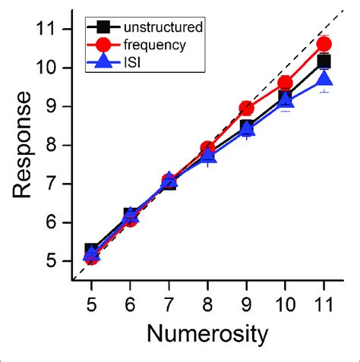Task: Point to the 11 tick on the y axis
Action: (x=52, y=30)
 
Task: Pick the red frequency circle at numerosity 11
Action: (x=324, y=44)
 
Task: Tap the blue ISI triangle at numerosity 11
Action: (x=324, y=78)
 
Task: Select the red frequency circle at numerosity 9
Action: (x=246, y=109)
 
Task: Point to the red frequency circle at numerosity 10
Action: (x=285, y=83)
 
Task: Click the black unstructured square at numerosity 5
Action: (x=90, y=250)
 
